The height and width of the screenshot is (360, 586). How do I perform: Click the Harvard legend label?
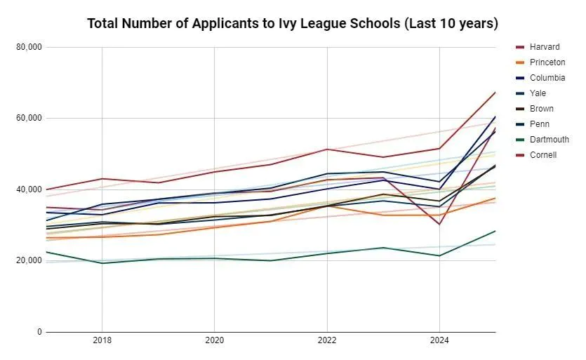coord(545,47)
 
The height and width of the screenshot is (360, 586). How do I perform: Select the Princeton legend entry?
coord(547,62)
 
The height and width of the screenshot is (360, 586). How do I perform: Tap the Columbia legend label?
coord(547,78)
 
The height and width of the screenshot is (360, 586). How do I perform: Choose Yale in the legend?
coord(538,93)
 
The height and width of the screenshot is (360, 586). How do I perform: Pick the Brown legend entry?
coord(541,109)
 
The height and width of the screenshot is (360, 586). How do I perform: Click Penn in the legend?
coord(539,124)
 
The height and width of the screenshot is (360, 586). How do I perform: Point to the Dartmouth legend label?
coord(550,140)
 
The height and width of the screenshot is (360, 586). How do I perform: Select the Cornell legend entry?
coord(543,155)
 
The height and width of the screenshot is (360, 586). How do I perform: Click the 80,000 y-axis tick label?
coord(29,47)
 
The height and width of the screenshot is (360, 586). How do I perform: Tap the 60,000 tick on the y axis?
coord(29,119)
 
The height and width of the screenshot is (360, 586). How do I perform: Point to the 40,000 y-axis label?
coord(29,189)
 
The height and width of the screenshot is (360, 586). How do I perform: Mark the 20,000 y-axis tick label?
coord(29,260)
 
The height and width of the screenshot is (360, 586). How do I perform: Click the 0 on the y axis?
coord(39,332)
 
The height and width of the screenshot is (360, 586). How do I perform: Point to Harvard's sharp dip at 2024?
coord(439,224)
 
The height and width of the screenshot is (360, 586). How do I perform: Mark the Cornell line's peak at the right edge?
coord(495,93)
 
